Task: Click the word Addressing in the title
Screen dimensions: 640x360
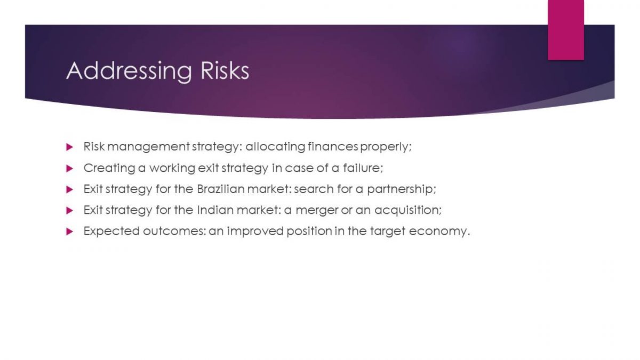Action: click(x=129, y=71)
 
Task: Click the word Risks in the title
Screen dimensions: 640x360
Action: click(x=225, y=70)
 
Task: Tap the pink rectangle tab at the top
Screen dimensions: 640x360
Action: click(x=566, y=30)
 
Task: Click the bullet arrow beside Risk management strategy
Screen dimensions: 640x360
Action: click(x=69, y=147)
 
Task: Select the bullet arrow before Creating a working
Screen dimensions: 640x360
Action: click(x=69, y=169)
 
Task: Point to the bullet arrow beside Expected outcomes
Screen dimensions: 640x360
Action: click(x=69, y=231)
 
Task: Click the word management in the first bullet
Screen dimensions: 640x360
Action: click(x=149, y=147)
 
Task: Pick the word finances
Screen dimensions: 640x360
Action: click(x=333, y=147)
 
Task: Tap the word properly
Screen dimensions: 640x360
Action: click(x=386, y=147)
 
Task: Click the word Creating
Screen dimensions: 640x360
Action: click(x=109, y=169)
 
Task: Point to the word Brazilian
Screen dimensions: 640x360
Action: click(x=221, y=189)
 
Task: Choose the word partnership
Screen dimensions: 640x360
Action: click(x=402, y=189)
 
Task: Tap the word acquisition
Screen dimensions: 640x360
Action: click(x=408, y=210)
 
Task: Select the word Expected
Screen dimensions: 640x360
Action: click(x=111, y=231)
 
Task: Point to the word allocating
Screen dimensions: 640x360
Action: click(x=275, y=147)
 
